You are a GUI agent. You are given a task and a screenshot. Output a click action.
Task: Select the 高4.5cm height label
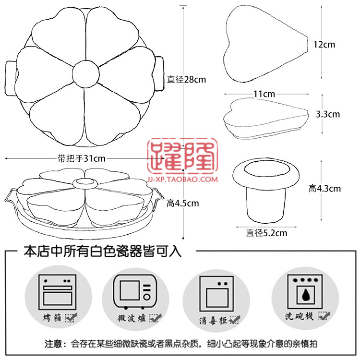182,203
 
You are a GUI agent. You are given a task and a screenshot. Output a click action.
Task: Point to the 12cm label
324,45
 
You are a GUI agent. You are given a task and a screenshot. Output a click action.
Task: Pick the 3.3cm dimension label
328,114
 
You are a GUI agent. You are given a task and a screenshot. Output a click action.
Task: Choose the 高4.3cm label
325,189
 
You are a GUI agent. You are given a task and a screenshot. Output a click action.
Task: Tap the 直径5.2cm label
266,234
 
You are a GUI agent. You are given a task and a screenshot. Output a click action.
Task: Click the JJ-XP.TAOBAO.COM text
182,180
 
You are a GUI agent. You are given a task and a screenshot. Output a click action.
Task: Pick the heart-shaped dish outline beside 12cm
265,45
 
